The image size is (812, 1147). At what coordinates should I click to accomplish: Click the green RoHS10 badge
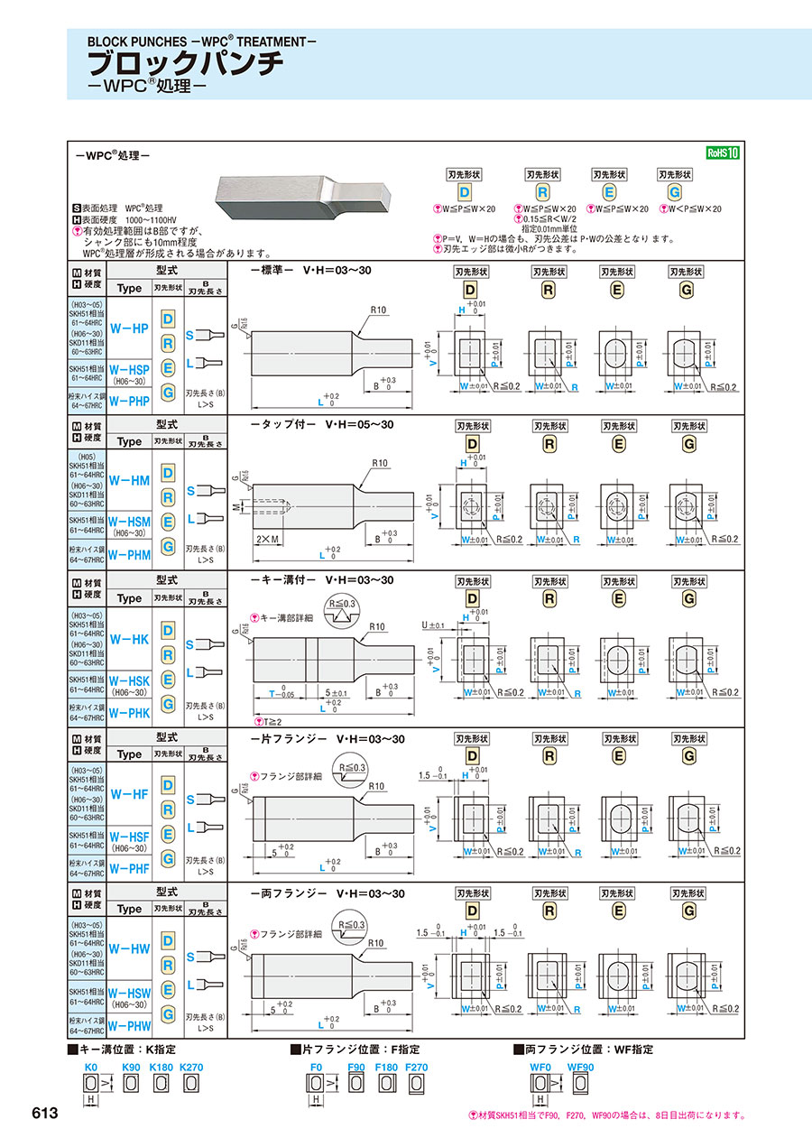(722, 153)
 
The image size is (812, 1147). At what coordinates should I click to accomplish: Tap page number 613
(44, 1113)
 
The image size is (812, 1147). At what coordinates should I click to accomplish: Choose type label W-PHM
(129, 555)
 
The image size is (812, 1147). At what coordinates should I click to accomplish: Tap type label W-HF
(128, 794)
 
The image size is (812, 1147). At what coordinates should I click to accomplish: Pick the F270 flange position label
(417, 1067)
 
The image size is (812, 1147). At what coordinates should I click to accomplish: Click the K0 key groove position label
(90, 1067)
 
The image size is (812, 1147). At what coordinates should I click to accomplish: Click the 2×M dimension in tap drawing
(266, 539)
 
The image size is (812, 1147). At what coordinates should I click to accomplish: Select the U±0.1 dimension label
(434, 624)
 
